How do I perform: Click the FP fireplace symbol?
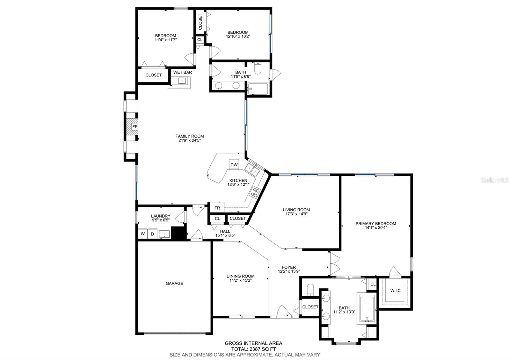[132, 127]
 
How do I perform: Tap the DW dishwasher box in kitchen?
[234, 164]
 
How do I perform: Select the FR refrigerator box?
[217, 208]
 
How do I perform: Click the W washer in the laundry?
[143, 234]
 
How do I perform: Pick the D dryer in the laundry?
[152, 234]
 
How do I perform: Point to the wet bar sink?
[182, 81]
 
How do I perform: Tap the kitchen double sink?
[252, 170]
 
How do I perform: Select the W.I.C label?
[395, 291]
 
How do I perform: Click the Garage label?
[174, 283]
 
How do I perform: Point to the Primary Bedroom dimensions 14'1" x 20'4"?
[376, 227]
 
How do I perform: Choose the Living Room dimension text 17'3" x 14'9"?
[296, 214]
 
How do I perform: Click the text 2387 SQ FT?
[263, 349]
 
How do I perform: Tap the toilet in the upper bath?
[258, 68]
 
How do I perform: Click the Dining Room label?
[240, 276]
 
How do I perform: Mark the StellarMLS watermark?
[494, 180]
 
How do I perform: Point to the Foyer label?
[289, 267]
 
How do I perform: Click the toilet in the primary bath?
[310, 290]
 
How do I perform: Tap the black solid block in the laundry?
[179, 233]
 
